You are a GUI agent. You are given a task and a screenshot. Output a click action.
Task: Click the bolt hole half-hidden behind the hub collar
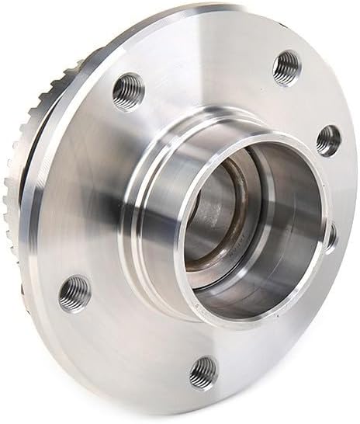pos(332,234)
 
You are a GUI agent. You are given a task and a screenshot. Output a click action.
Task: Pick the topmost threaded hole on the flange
pos(286,67)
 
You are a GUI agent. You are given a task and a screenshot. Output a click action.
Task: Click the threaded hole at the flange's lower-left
pos(75,291)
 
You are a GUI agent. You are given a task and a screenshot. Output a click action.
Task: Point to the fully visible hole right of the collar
pos(328,140)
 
